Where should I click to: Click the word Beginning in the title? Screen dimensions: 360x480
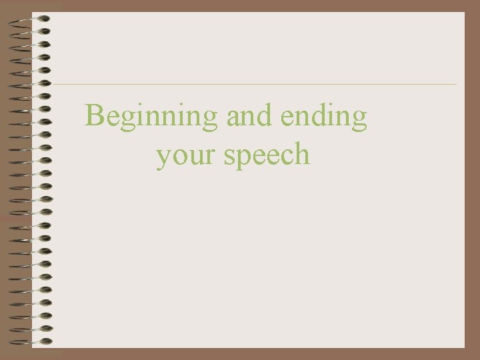pos(151,117)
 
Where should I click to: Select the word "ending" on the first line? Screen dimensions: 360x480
pos(323,117)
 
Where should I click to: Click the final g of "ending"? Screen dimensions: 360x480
pos(359,119)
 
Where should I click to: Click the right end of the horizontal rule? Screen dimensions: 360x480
pos(456,84)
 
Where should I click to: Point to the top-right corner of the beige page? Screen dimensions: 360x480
pos(463,13)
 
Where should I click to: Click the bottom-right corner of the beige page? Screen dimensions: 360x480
pos(463,347)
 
